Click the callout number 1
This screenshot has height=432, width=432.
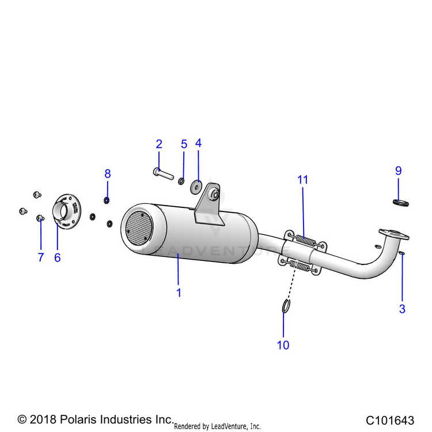click(x=179, y=293)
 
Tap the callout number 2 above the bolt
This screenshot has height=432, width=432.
click(x=159, y=144)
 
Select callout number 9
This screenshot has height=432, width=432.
click(x=398, y=171)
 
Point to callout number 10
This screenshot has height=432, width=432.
click(x=283, y=345)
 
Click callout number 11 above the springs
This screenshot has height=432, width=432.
click(x=303, y=180)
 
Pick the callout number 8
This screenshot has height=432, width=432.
click(x=107, y=173)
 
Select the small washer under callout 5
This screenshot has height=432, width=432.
click(x=181, y=182)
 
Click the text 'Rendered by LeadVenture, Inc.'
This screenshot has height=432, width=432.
click(x=217, y=426)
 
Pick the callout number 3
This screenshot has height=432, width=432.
click(x=402, y=309)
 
